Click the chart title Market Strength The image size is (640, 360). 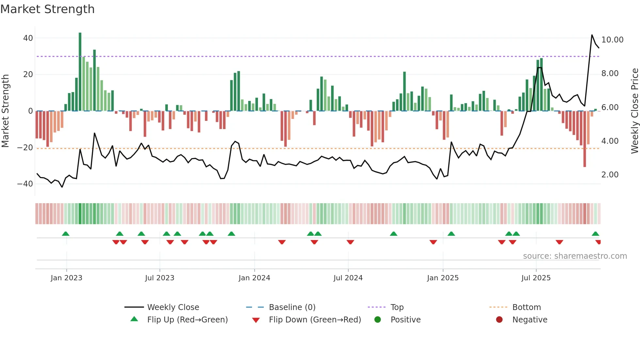point(47,9)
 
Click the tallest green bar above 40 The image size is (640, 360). point(80,72)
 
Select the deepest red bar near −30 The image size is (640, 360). point(584,139)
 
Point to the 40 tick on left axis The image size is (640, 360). point(28,38)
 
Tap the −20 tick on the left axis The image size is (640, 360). point(25,148)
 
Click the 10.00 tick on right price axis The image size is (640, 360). point(612,40)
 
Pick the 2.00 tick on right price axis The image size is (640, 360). point(610,175)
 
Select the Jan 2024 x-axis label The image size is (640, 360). point(254,278)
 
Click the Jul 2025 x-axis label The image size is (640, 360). point(536,278)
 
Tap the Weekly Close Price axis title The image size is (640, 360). point(634,111)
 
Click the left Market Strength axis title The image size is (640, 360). point(6,111)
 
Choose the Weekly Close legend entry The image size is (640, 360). point(173,307)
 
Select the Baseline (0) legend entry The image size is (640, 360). point(292,307)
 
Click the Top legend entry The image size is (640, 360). point(397,307)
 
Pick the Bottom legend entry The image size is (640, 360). point(526,307)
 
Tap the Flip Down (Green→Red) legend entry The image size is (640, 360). point(315,320)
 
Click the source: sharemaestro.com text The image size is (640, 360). point(575,256)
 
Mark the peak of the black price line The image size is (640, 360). point(592,35)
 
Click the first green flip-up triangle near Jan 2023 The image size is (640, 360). point(66,234)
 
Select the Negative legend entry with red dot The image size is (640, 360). point(530,320)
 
